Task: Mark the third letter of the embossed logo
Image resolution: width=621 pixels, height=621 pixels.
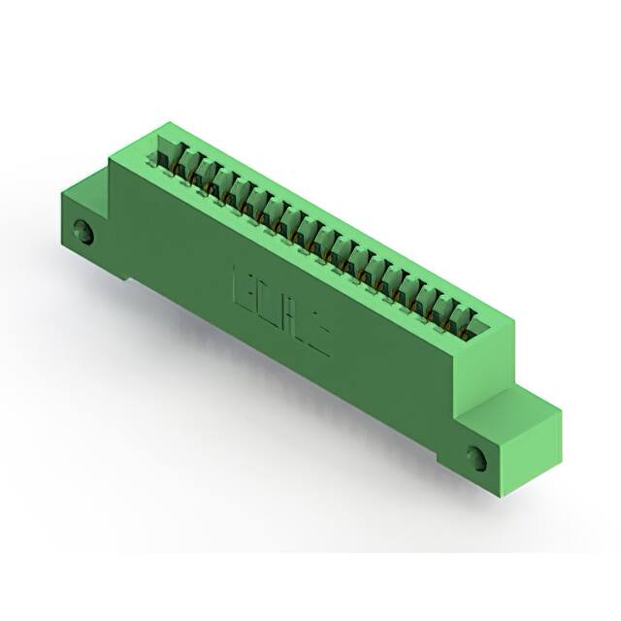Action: [292, 312]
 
